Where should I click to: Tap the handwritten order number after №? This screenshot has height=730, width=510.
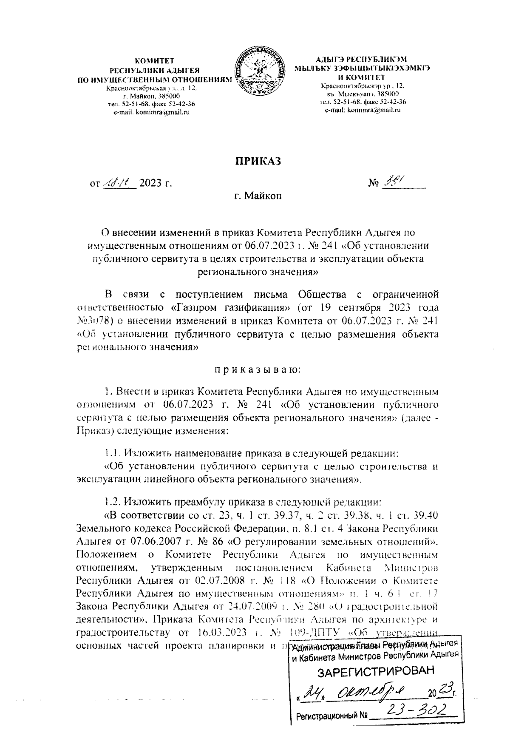click(394, 182)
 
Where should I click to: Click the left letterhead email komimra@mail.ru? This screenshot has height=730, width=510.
click(151, 112)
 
